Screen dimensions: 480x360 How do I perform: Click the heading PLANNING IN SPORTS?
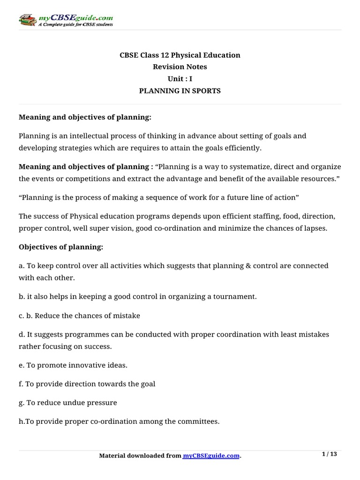point(180,91)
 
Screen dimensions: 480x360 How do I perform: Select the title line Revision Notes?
point(180,67)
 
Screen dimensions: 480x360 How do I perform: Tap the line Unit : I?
point(180,79)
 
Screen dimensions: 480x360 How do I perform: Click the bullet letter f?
point(21,383)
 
